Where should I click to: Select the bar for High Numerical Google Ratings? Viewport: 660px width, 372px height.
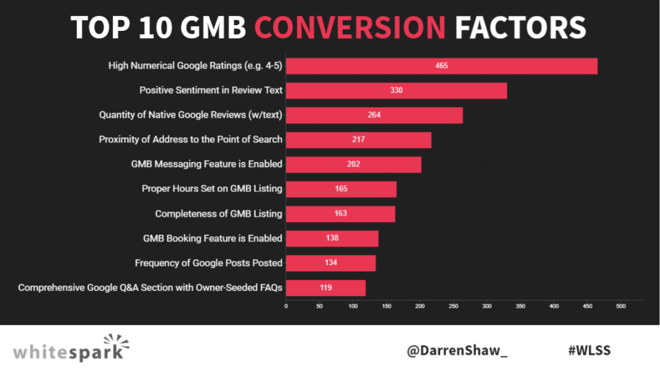point(442,66)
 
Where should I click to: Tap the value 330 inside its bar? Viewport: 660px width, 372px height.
point(396,91)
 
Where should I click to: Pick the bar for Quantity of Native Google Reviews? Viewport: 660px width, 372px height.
point(374,115)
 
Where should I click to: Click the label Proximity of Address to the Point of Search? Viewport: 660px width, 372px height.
point(190,139)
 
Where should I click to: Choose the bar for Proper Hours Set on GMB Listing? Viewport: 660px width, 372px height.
point(341,189)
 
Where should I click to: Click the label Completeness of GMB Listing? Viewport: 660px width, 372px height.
point(218,213)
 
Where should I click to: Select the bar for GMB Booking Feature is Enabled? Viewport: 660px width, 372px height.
point(332,239)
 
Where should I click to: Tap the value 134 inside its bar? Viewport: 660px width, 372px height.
point(331,263)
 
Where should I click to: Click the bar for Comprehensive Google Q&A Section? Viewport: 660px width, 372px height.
point(325,288)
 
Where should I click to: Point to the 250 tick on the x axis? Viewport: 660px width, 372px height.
point(453,306)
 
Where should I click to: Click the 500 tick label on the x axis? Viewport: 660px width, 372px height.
point(621,306)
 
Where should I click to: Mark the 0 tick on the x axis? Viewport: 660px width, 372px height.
point(286,306)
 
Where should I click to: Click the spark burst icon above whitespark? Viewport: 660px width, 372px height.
point(116,342)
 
